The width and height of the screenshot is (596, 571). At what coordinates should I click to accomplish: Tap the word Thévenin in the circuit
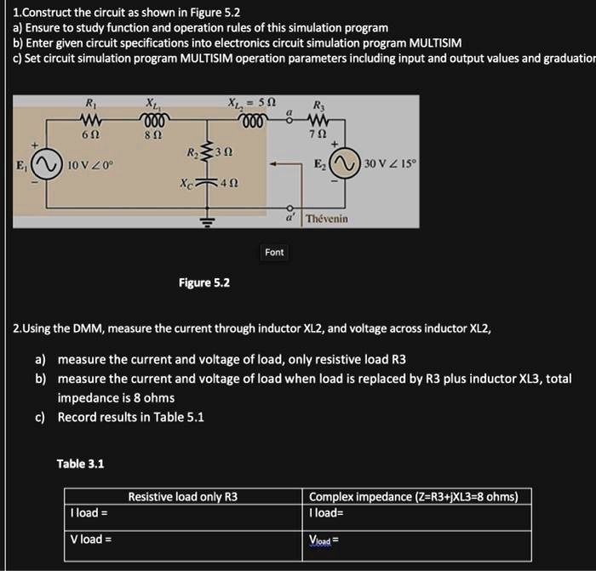326,219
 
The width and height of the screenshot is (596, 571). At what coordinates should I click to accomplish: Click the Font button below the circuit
274,252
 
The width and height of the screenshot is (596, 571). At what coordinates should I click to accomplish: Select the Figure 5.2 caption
203,283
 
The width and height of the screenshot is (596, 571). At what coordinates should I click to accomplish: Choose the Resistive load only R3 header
182,497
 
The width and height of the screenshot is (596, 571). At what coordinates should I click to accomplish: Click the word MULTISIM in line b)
435,43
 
